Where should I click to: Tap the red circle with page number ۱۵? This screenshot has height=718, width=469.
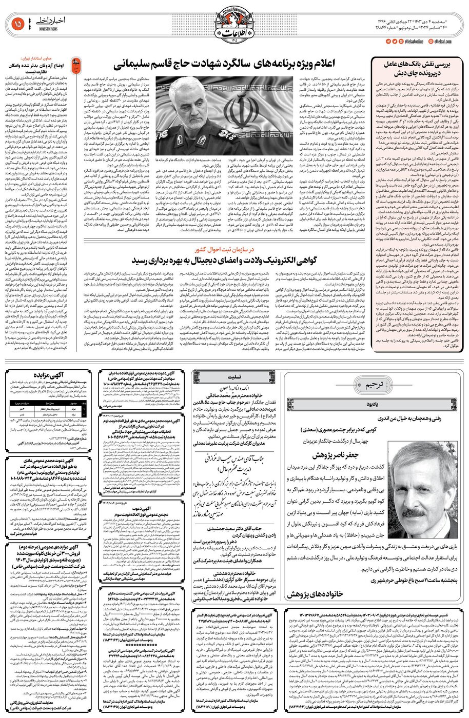[16, 23]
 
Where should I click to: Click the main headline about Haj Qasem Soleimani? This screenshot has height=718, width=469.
[226, 66]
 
